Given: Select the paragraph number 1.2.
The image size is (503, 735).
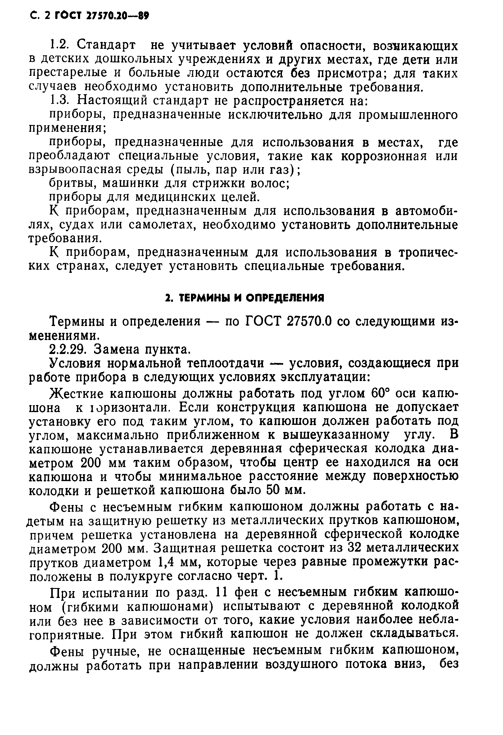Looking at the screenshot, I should tap(59, 46).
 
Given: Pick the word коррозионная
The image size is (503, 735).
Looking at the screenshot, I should tap(384, 156).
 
